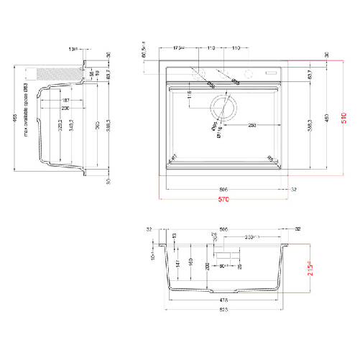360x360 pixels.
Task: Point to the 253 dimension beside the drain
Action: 253,125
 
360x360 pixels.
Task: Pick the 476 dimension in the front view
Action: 224,300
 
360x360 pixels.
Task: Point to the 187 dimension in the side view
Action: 65,101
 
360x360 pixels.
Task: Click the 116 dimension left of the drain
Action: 188,94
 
